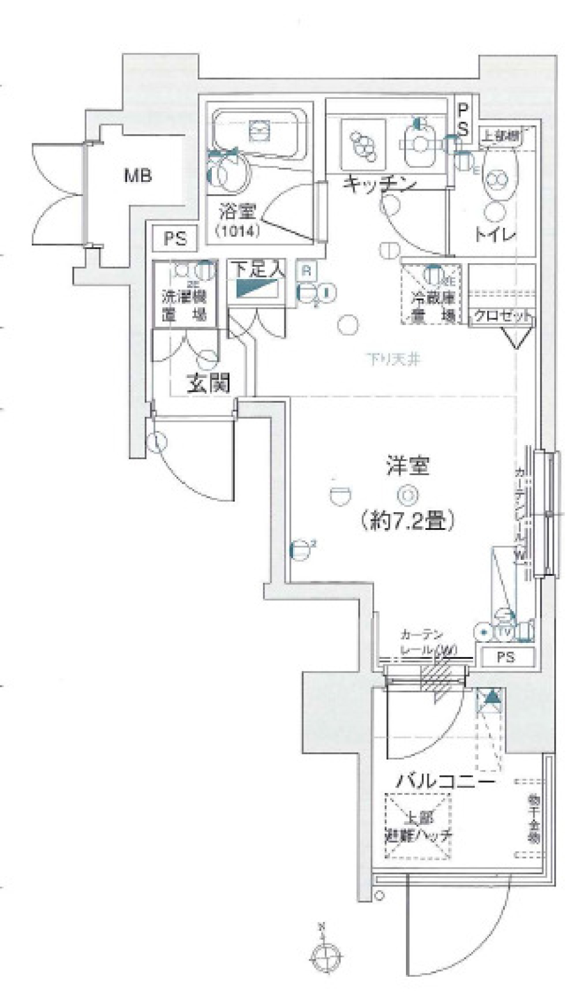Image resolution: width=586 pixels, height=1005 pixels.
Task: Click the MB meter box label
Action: pos(138,176)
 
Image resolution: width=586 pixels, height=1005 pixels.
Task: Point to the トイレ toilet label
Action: pos(496,234)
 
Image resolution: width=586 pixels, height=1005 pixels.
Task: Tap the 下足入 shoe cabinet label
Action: pos(257,268)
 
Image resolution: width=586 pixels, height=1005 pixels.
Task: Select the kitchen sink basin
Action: pos(419,144)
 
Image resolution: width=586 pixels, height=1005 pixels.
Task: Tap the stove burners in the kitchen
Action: pos(363,143)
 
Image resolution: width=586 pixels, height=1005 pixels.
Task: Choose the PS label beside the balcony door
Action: pos(505,657)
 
